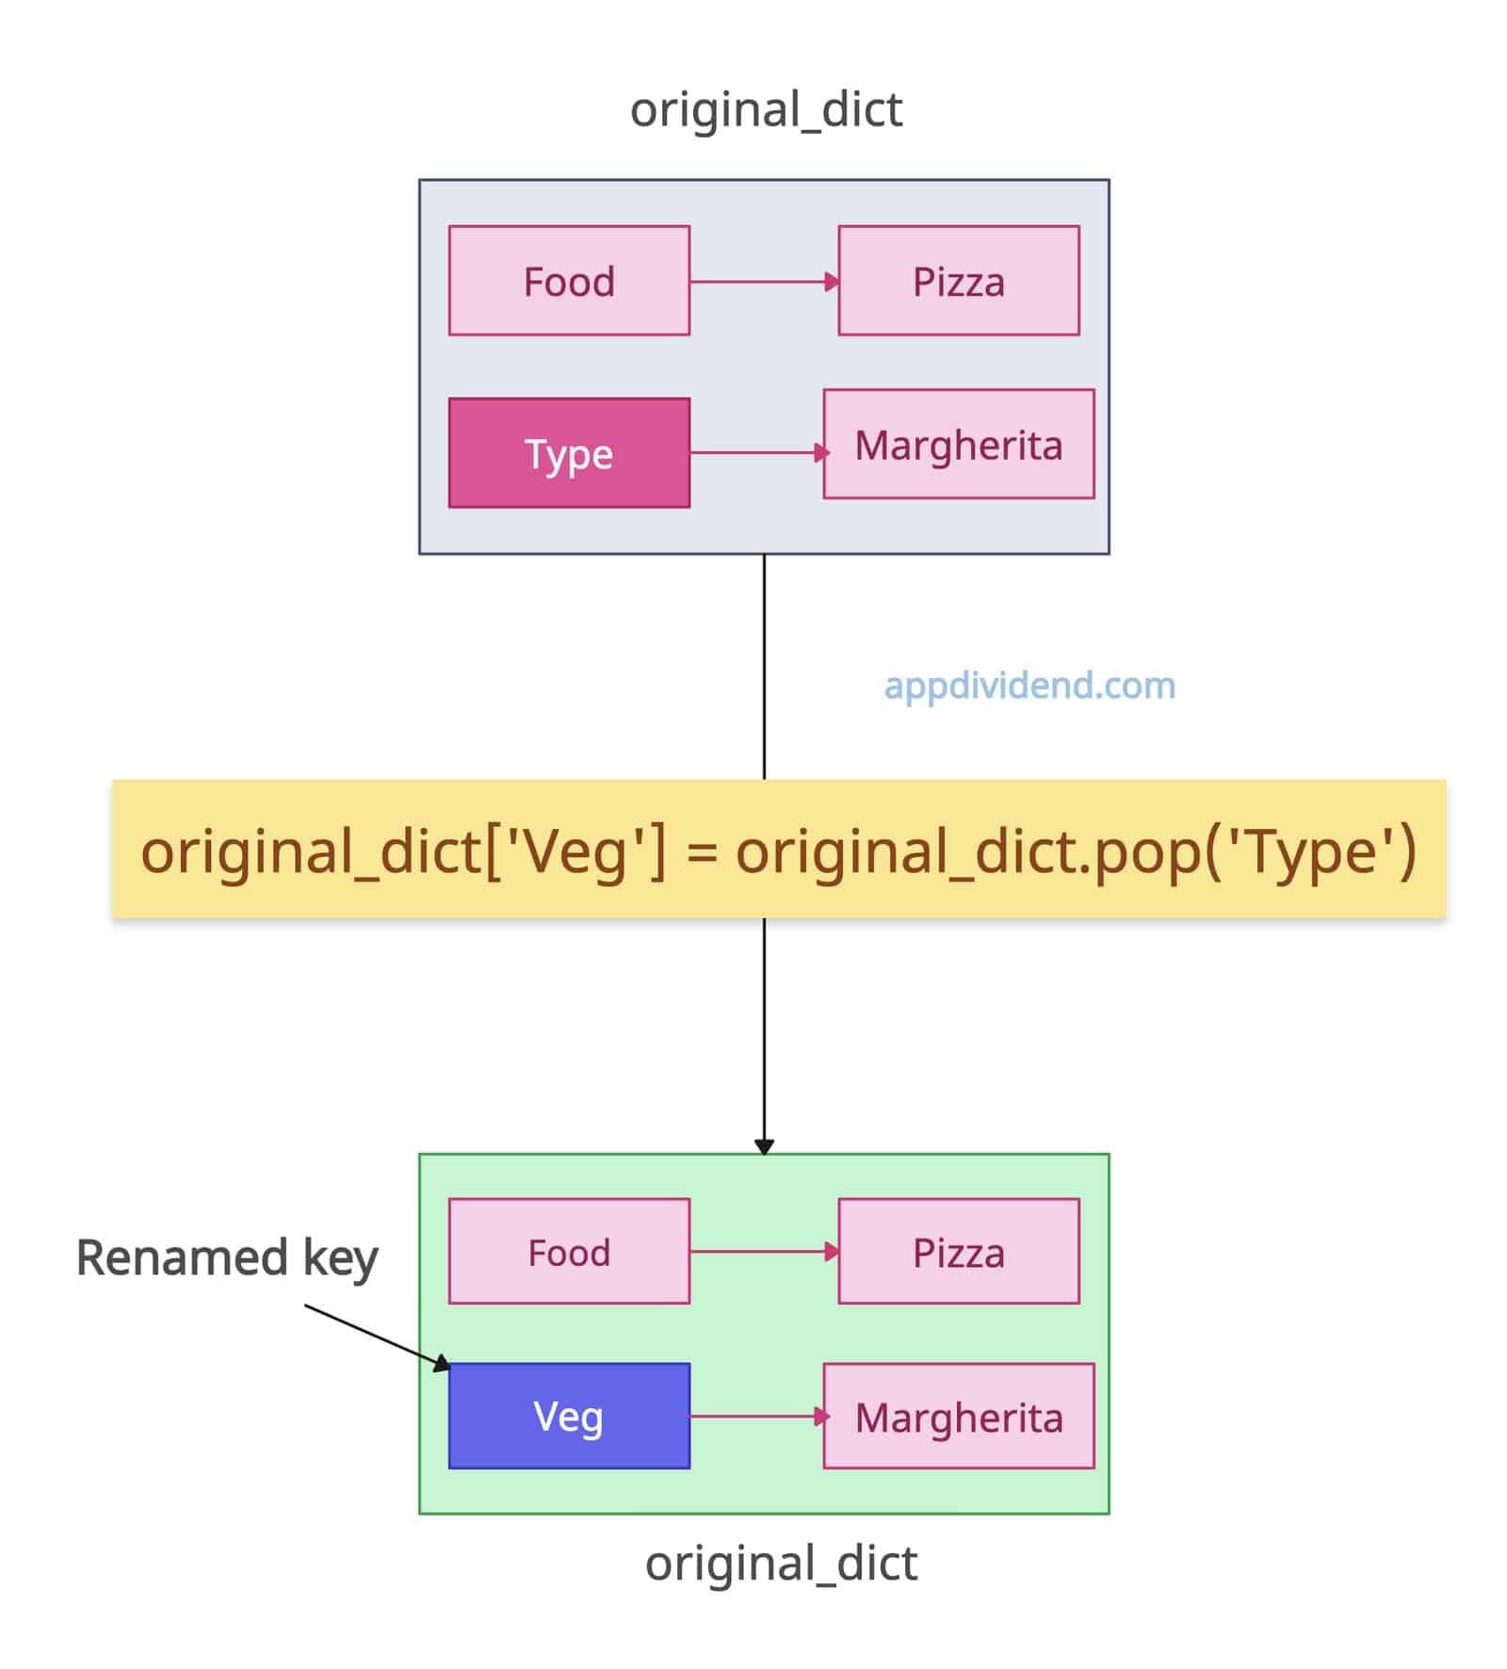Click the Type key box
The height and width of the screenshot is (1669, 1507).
(x=569, y=453)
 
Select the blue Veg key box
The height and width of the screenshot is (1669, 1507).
(x=569, y=1416)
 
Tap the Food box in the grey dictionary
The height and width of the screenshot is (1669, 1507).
(x=569, y=281)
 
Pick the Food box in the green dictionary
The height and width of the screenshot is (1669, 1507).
(x=569, y=1252)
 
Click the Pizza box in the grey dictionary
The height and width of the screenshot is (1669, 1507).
(x=959, y=281)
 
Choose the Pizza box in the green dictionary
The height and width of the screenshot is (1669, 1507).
(x=959, y=1252)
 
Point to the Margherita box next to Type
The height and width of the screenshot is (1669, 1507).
(x=959, y=445)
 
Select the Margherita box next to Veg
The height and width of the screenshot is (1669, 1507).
(x=959, y=1416)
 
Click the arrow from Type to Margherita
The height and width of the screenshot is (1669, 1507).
(x=757, y=453)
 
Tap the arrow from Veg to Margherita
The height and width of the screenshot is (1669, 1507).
(x=757, y=1416)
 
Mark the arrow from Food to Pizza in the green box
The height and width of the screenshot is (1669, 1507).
(x=763, y=1252)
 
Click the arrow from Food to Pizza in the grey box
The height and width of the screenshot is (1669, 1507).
(x=763, y=281)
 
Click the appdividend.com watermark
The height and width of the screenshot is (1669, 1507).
(x=1029, y=686)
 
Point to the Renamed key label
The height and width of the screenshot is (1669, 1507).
(x=227, y=1258)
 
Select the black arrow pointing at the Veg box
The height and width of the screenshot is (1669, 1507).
(x=377, y=1337)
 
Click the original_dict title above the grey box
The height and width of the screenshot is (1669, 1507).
(x=766, y=110)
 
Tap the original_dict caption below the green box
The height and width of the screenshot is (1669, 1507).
(x=781, y=1564)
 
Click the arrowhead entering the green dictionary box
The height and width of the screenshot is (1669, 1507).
(x=764, y=1146)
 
